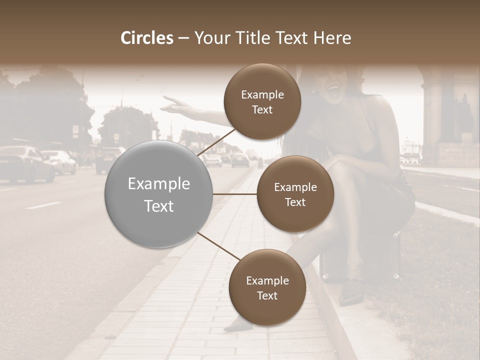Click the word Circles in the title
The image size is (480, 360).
(146, 38)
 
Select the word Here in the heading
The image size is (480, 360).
(333, 38)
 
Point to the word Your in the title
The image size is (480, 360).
(210, 38)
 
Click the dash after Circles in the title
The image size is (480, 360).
(183, 38)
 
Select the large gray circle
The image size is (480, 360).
(158, 194)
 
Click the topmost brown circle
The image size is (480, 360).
(262, 101)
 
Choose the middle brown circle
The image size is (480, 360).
(295, 194)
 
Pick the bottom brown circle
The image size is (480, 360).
(267, 287)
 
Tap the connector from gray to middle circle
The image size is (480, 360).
(235, 194)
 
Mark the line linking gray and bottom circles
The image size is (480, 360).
(218, 246)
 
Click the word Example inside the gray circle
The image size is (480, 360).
(158, 184)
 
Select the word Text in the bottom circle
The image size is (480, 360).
(267, 295)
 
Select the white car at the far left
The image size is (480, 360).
(25, 162)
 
